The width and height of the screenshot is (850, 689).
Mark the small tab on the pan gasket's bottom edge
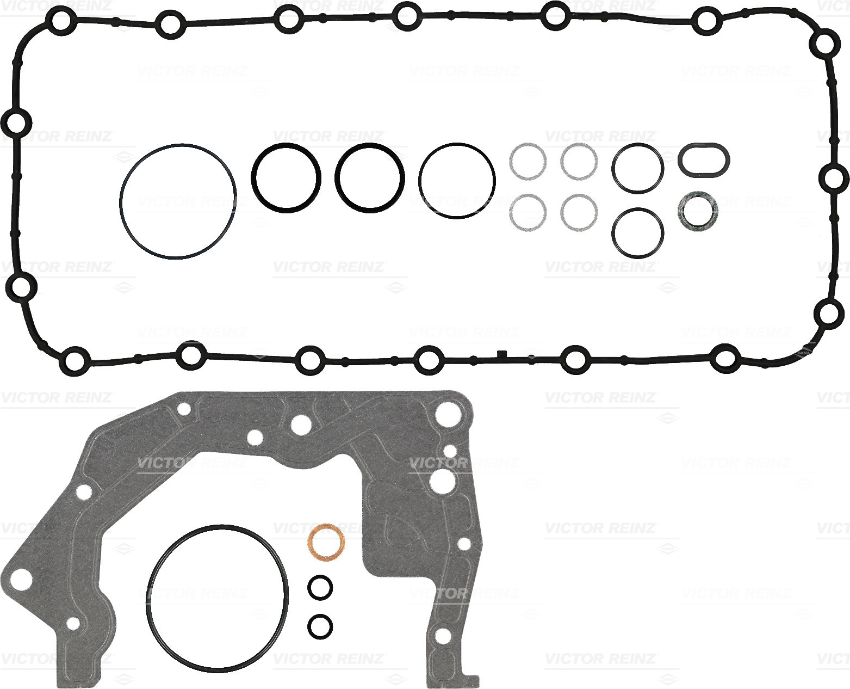500,354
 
